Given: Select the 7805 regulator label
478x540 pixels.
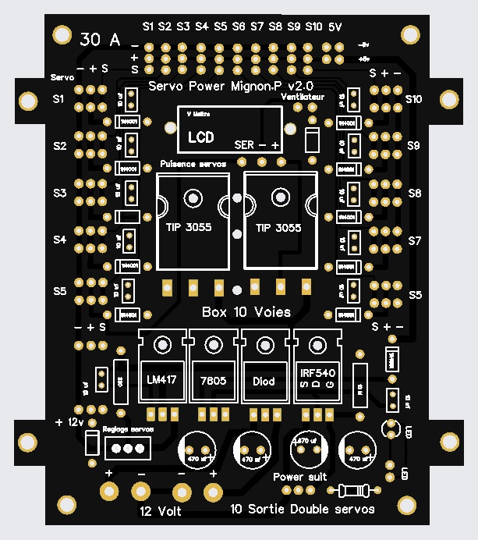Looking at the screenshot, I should [x=213, y=380].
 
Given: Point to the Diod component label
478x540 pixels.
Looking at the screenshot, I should [x=265, y=381].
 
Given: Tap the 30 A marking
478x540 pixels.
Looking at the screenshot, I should [x=101, y=40].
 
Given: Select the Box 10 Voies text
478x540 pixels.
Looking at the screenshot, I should [x=246, y=312].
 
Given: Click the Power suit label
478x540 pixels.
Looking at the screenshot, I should [x=299, y=475].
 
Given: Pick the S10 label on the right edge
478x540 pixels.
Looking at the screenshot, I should [x=413, y=99].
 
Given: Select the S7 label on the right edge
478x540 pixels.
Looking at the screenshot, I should [x=415, y=242].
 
